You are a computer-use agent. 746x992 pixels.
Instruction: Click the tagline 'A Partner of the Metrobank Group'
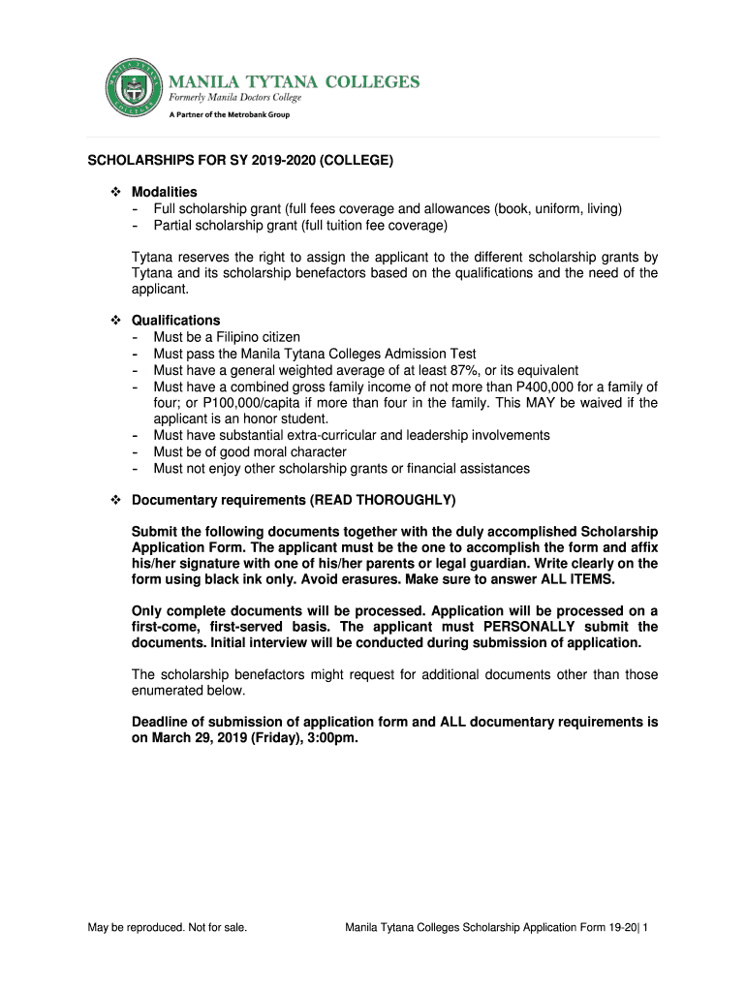(x=231, y=114)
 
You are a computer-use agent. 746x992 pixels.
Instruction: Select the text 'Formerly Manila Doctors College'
(x=236, y=98)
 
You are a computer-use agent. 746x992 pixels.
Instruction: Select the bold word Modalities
(x=164, y=192)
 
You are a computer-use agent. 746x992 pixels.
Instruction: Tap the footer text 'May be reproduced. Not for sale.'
(x=167, y=928)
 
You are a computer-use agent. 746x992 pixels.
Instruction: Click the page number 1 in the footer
(x=645, y=928)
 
